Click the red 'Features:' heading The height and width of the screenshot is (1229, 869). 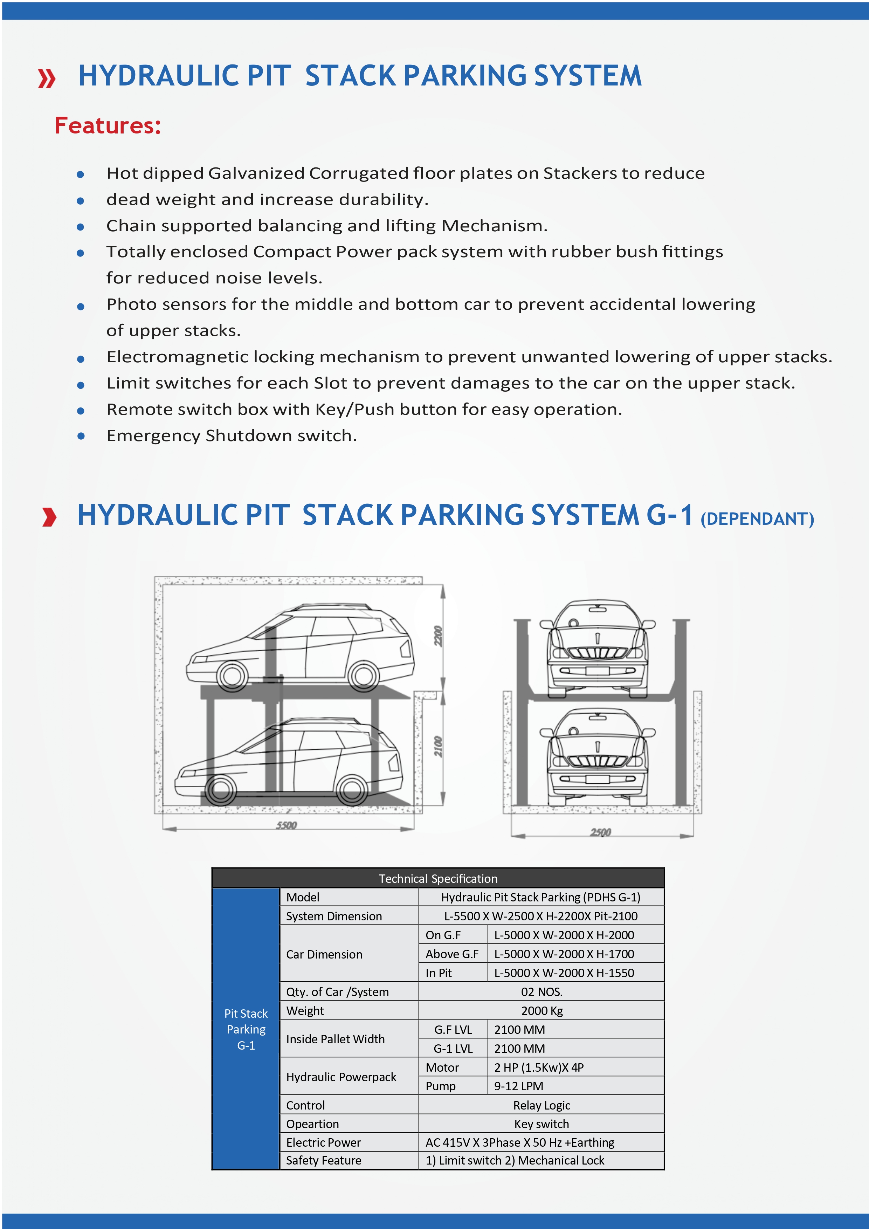[108, 126]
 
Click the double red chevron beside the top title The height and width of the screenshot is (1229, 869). [47, 79]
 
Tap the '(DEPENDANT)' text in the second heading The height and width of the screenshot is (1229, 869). [757, 519]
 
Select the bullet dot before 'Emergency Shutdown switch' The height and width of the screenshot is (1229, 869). [81, 436]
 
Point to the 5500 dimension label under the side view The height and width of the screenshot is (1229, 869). [286, 825]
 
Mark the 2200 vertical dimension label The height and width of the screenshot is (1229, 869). [438, 636]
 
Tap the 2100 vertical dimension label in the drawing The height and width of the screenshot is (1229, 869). [438, 747]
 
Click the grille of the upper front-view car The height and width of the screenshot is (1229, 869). [597, 653]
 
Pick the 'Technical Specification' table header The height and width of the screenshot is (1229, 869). [438, 878]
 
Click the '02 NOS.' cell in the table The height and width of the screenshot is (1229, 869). [542, 992]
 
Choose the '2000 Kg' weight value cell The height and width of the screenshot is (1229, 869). [542, 1011]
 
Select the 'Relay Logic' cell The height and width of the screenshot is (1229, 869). [542, 1105]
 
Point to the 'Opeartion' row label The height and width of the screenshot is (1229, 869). [312, 1124]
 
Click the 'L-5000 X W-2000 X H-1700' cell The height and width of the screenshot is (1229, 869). [564, 954]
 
